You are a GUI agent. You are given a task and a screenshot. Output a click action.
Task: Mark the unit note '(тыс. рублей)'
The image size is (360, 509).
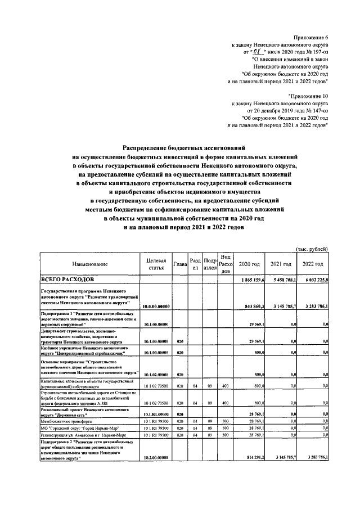pyautogui.click(x=312, y=249)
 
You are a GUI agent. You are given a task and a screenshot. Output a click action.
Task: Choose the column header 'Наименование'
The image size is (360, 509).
pyautogui.click(x=89, y=264)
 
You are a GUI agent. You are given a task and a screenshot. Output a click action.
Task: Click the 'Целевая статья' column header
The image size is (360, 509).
pyautogui.click(x=156, y=264)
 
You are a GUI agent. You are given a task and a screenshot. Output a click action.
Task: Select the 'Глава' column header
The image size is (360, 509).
pyautogui.click(x=180, y=264)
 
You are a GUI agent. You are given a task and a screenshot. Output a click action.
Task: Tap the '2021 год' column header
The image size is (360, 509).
pyautogui.click(x=281, y=264)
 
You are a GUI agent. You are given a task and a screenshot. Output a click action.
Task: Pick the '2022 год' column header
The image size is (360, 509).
pyautogui.click(x=313, y=264)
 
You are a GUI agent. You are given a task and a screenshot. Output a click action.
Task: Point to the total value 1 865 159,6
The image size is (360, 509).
pyautogui.click(x=253, y=280)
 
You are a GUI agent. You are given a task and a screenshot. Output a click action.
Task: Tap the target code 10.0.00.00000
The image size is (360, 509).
pyautogui.click(x=156, y=306)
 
